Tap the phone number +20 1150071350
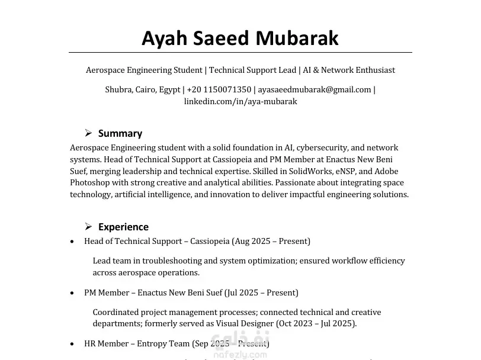(219, 90)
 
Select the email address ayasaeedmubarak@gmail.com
(315, 90)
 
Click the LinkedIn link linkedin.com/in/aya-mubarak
(240, 101)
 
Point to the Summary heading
(120, 133)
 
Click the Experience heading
(123, 227)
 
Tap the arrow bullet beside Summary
(88, 133)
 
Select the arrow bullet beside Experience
(88, 226)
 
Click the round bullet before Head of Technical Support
(72, 242)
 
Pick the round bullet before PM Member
(72, 293)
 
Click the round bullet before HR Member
(72, 344)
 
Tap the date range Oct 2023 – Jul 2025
(316, 324)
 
